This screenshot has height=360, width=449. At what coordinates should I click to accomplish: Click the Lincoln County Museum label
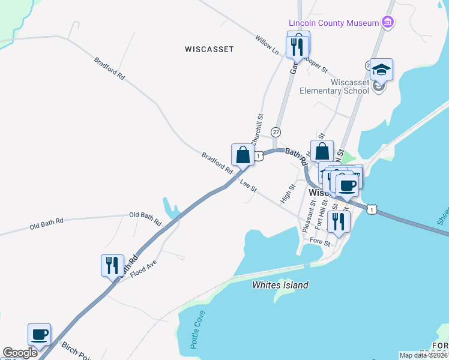coord(334,23)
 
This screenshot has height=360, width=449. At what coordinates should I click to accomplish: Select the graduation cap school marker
coord(381,70)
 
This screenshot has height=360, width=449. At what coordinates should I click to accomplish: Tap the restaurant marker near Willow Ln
coord(298,45)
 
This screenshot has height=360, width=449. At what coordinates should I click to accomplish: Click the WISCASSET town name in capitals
coord(209,49)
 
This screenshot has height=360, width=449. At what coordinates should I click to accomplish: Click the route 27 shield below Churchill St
coord(276,131)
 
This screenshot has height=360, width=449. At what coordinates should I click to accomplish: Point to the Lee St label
coord(249,186)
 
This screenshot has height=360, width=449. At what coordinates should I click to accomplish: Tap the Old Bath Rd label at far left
coord(46,225)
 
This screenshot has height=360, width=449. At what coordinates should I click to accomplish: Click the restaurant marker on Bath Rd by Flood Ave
coord(112,265)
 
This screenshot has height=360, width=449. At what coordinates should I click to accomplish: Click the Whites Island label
coord(280,286)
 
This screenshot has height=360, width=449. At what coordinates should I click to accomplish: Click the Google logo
coord(20,353)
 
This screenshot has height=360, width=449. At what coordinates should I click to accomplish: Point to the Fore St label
coord(320,242)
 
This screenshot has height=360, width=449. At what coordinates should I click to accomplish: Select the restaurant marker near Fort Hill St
coord(339,221)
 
